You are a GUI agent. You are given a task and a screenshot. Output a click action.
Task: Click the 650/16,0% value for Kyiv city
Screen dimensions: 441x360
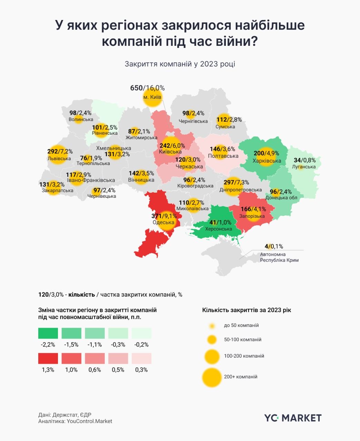[147, 88]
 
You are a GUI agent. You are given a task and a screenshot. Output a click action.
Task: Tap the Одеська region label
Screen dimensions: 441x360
[163, 222]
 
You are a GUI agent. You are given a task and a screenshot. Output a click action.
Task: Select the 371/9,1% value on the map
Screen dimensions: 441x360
[164, 216]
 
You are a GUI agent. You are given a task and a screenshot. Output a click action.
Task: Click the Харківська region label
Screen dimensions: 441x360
[267, 161]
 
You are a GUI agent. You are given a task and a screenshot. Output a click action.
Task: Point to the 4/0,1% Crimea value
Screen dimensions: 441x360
[274, 246]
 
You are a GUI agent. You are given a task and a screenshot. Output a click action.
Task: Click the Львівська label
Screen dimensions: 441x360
[59, 158]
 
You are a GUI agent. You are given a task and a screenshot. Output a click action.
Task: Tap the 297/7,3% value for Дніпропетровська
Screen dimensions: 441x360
[236, 182]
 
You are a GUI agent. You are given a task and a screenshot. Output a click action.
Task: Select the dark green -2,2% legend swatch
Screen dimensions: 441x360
[48, 333]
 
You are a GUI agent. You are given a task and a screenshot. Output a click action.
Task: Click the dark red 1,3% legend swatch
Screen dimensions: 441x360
[48, 358]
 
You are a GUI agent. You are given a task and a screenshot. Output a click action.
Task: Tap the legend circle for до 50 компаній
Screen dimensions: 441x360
[212, 326]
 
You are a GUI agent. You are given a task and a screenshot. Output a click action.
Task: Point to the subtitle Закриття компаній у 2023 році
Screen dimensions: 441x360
[180, 64]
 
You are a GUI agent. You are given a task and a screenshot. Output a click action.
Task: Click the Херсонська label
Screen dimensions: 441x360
[218, 229]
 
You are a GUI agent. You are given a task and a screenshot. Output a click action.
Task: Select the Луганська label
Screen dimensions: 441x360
[303, 167]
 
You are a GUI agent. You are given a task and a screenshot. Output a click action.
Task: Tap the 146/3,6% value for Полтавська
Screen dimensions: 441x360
[222, 149]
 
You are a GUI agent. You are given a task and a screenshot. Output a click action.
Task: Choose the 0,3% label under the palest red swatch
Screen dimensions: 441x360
[141, 370]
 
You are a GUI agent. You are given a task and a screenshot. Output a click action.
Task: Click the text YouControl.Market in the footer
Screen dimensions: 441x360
[89, 421]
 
